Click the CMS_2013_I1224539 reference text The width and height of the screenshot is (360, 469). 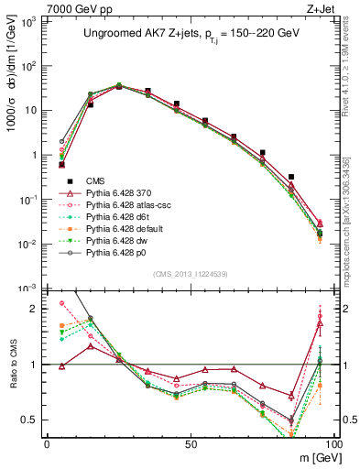(190, 274)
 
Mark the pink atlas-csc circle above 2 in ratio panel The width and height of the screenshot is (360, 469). (61, 303)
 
